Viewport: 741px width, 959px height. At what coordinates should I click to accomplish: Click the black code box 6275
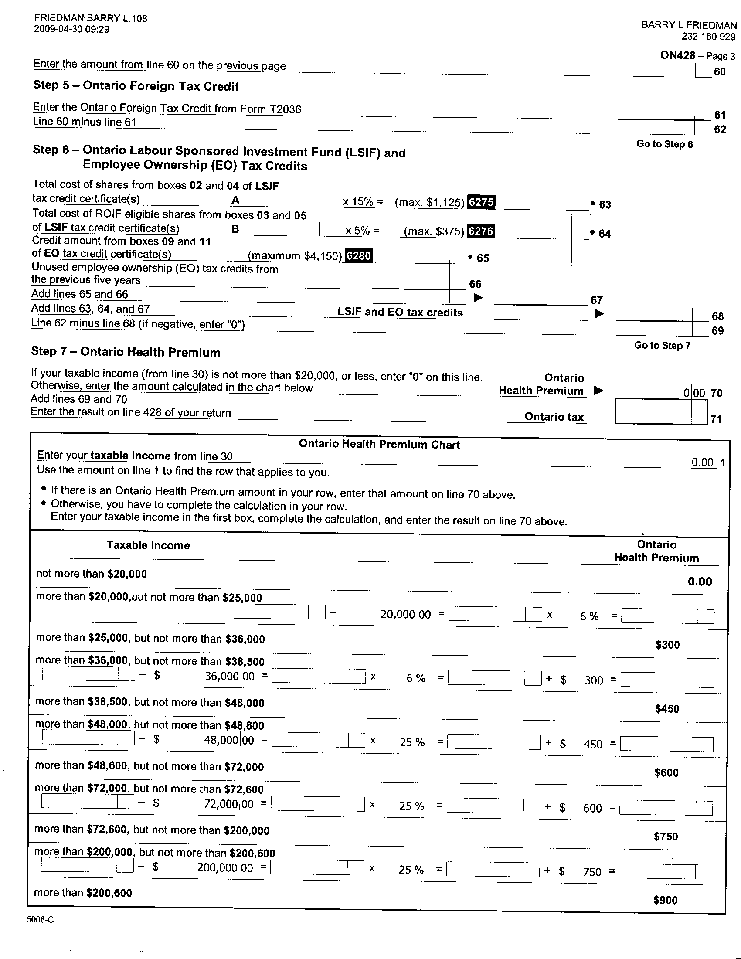[x=482, y=202]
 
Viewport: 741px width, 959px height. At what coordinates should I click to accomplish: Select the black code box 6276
[x=481, y=231]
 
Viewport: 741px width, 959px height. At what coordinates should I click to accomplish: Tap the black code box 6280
[x=359, y=255]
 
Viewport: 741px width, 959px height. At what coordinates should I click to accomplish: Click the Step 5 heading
[x=136, y=85]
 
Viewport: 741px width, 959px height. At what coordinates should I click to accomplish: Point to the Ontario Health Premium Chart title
[x=379, y=444]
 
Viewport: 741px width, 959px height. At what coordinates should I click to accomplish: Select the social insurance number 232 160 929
[x=708, y=37]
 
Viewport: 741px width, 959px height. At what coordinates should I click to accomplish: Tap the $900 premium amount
[x=665, y=900]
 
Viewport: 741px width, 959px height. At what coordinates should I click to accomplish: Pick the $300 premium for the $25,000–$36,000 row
[x=667, y=645]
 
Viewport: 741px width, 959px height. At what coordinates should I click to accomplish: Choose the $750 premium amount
[x=666, y=837]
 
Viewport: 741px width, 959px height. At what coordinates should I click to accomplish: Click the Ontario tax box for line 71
[x=661, y=411]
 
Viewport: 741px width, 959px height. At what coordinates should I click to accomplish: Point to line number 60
[x=720, y=72]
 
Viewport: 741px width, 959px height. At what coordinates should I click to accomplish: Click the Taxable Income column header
[x=148, y=545]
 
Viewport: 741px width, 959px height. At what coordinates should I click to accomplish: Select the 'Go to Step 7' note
[x=662, y=346]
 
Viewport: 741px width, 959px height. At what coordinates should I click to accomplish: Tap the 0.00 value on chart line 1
[x=702, y=462]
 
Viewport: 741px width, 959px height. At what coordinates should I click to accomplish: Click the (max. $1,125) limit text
[x=429, y=202]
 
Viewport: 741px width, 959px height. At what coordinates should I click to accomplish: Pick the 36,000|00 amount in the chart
[x=229, y=676]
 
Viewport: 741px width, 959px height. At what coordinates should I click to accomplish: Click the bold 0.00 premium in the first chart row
[x=700, y=582]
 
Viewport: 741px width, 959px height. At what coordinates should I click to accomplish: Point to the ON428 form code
[x=678, y=55]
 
